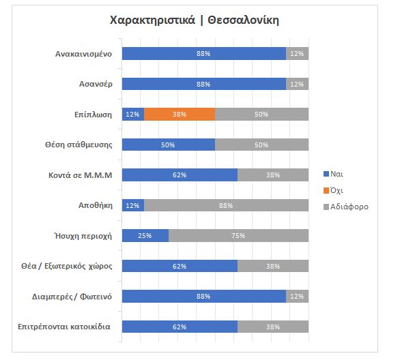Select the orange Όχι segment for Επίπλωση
[180, 114]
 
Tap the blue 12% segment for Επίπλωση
[132, 114]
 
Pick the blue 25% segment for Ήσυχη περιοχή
[145, 235]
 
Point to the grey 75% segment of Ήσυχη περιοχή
[238, 235]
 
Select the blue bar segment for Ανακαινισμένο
[203, 53]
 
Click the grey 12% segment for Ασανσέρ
[297, 84]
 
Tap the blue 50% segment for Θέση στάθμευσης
[168, 145]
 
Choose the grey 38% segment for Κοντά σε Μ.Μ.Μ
[273, 175]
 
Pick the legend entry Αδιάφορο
[347, 206]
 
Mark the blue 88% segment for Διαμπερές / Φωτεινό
[203, 296]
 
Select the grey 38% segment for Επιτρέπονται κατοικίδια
[273, 327]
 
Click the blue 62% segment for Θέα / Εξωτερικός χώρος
[180, 266]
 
